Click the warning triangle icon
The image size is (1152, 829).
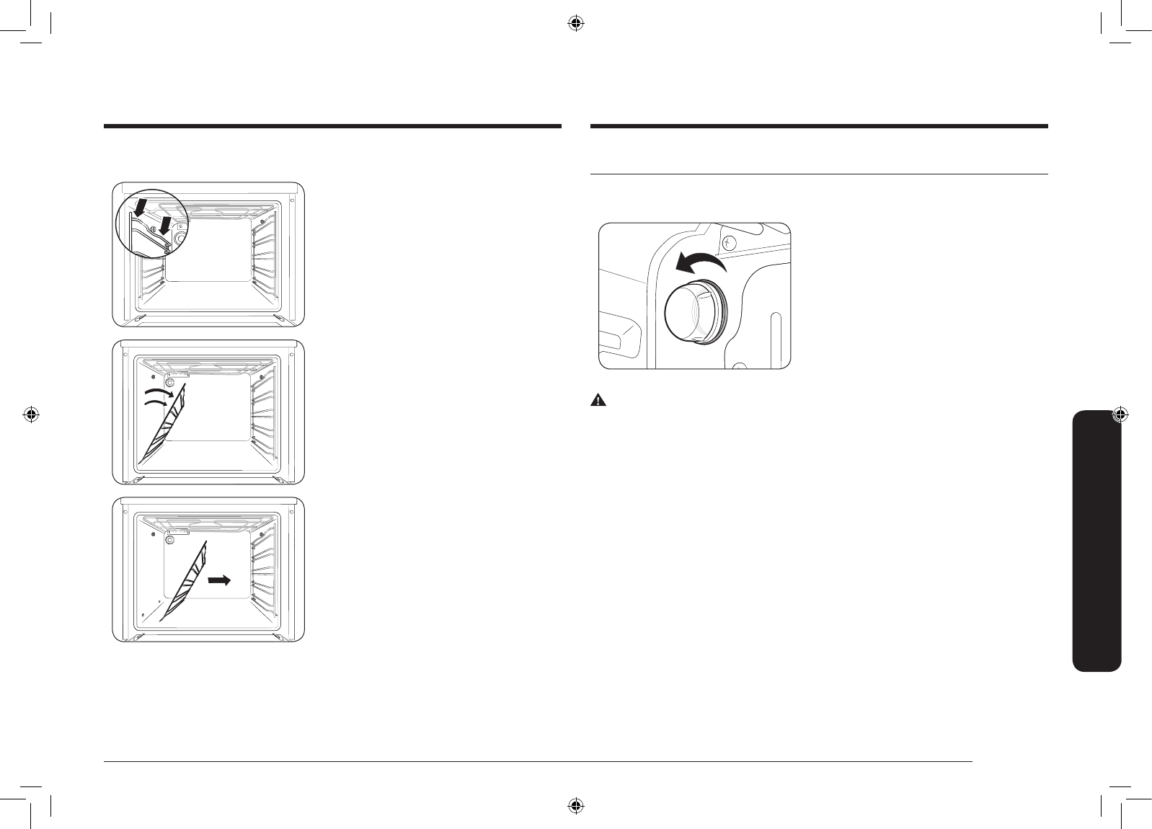click(598, 400)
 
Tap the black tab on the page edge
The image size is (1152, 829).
click(1096, 540)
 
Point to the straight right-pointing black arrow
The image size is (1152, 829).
click(220, 559)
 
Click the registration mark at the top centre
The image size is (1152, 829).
click(575, 24)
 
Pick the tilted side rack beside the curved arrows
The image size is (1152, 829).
click(163, 425)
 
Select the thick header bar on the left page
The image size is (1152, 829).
click(332, 126)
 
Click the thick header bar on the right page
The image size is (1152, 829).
click(818, 126)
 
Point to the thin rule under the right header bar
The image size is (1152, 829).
click(818, 174)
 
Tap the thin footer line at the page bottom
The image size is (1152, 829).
click(538, 760)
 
